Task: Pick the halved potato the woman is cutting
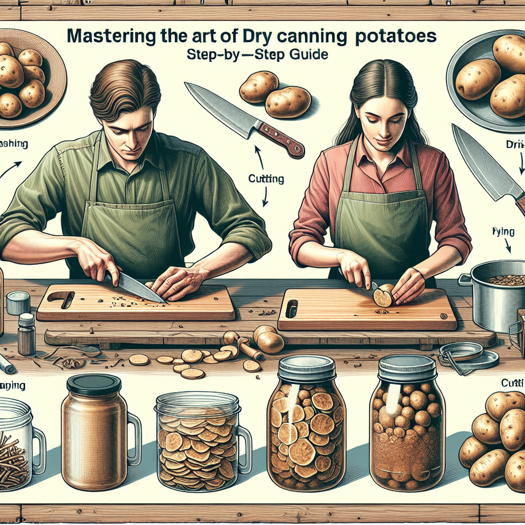point(383,296)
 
